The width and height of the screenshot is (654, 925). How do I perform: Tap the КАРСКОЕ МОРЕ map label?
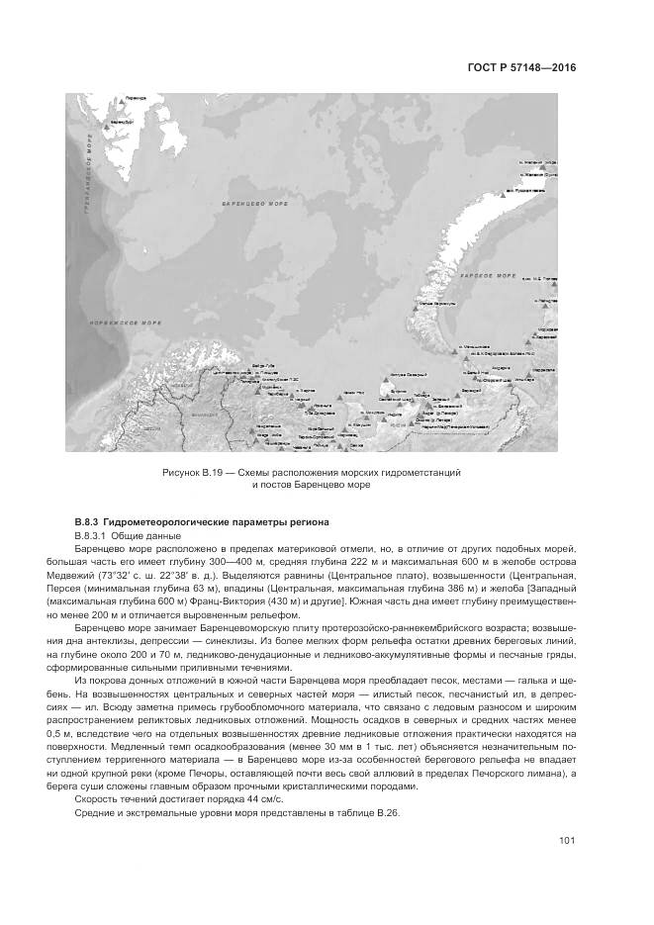pyautogui.click(x=492, y=274)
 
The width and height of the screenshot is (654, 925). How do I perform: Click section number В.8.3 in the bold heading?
pyautogui.click(x=89, y=521)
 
